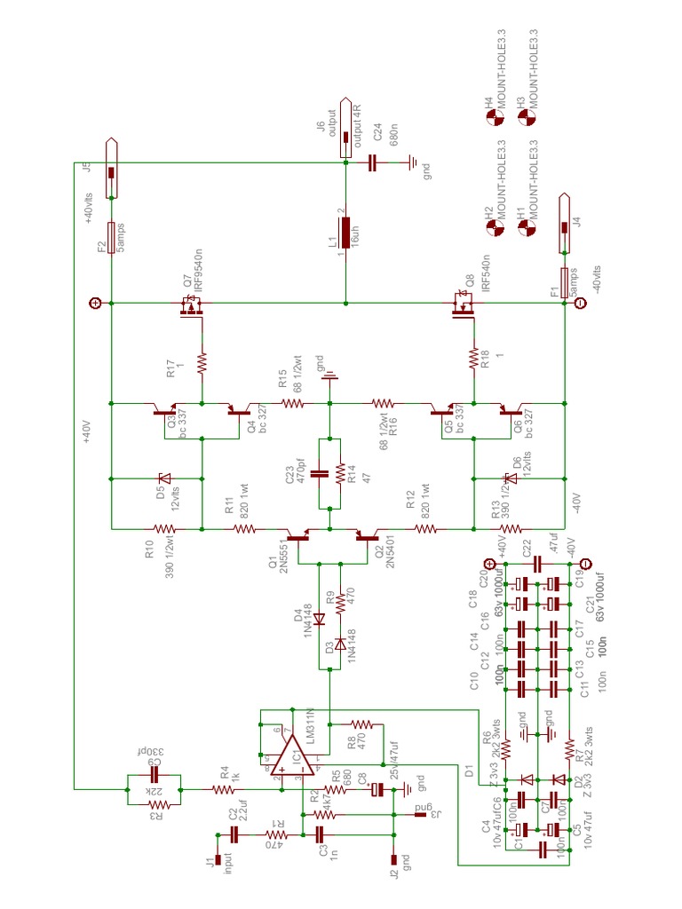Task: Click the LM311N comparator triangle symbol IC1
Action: tap(291, 757)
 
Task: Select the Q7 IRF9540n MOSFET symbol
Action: tap(190, 306)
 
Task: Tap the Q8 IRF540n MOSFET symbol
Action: tap(462, 306)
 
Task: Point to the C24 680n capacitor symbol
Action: tap(373, 162)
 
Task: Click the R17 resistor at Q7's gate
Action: tap(202, 362)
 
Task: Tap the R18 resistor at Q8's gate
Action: tap(473, 361)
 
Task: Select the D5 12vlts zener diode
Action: tap(163, 479)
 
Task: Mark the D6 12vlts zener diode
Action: tap(510, 479)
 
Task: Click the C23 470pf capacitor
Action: tap(321, 473)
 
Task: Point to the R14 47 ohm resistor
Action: tap(340, 473)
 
